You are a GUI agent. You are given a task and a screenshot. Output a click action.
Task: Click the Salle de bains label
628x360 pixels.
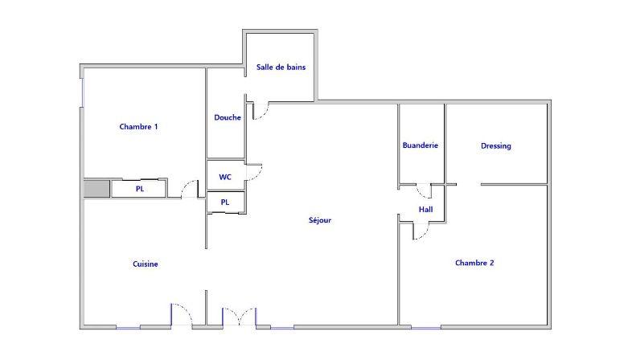(281, 67)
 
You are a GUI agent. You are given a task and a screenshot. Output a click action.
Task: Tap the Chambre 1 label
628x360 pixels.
(138, 126)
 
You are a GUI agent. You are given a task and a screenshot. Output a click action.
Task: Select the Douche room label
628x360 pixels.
(228, 117)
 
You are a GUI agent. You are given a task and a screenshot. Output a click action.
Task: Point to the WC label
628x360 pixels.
(226, 176)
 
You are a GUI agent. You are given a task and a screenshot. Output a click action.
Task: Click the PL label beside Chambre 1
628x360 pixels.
(140, 190)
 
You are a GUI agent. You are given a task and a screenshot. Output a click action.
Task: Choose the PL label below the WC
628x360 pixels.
(225, 202)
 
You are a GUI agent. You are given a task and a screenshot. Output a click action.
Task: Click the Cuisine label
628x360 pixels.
(146, 264)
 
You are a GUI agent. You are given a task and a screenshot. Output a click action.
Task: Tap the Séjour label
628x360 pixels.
(320, 220)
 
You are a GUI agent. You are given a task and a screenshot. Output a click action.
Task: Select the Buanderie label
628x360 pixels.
(421, 145)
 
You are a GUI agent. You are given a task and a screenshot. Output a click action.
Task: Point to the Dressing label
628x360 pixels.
(496, 146)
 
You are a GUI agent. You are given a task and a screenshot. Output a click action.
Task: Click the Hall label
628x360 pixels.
(425, 210)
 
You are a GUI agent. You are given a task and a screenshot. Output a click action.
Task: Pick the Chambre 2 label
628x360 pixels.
(474, 262)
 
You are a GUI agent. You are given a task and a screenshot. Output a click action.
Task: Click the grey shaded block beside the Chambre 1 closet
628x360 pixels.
(96, 189)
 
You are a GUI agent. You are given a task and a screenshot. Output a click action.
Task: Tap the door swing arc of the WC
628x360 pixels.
(255, 171)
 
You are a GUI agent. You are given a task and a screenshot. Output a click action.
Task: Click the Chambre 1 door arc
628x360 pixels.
(191, 189)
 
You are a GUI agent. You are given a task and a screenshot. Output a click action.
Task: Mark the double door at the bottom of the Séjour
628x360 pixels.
(239, 316)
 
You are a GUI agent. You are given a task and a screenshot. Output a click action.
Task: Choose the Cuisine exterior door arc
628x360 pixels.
(181, 313)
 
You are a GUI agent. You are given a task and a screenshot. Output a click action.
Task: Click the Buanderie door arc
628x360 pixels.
(423, 191)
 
